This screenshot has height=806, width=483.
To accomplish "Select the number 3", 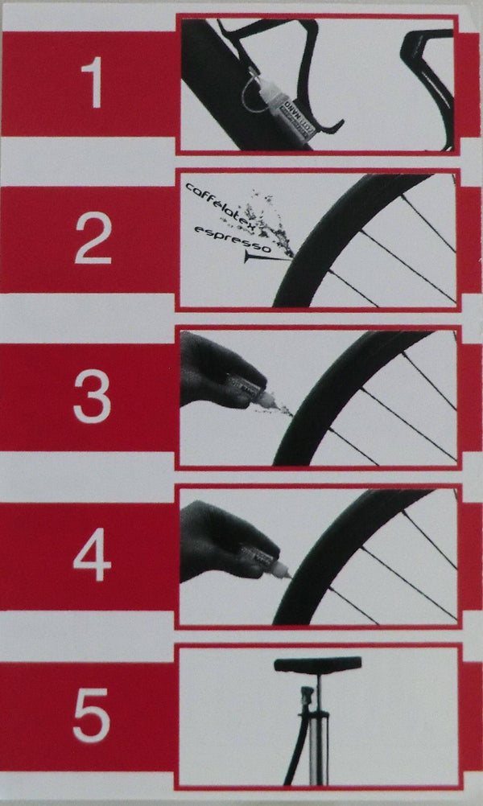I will click(x=92, y=397).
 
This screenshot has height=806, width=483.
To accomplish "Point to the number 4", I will click(x=92, y=554).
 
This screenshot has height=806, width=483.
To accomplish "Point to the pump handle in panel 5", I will click(x=318, y=664).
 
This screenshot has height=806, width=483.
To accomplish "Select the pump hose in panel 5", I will click(x=291, y=748).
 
